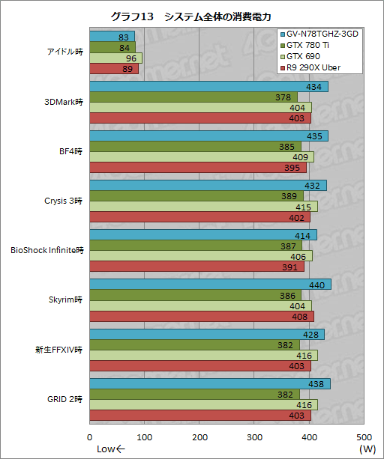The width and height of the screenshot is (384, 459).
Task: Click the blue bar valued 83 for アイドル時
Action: (112, 36)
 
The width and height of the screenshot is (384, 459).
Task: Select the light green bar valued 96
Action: (116, 58)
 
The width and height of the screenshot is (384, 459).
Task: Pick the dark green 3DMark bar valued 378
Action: (193, 97)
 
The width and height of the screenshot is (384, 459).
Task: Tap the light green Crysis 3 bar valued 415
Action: (203, 206)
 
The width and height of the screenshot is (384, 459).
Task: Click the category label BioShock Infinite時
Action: (46, 250)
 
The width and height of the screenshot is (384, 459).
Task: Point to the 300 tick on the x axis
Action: (255, 437)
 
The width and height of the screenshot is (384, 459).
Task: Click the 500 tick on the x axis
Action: (364, 437)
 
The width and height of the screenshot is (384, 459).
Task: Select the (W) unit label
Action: (367, 449)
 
